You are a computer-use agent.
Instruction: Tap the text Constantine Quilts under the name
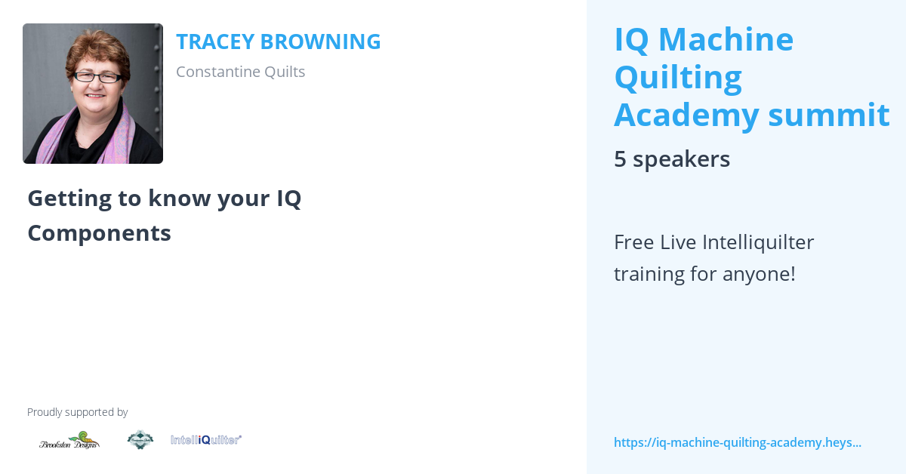240,72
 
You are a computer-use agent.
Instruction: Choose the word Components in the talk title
99,233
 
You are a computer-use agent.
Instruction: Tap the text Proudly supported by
77,412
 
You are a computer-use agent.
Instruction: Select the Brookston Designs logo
69,440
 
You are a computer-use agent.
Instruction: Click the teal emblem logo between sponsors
140,439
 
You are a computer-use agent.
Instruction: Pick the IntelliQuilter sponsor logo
205,439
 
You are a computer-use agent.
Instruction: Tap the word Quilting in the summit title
677,77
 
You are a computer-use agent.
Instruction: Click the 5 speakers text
671,159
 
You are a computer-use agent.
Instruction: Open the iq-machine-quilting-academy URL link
737,442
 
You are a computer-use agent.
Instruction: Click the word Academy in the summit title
686,115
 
